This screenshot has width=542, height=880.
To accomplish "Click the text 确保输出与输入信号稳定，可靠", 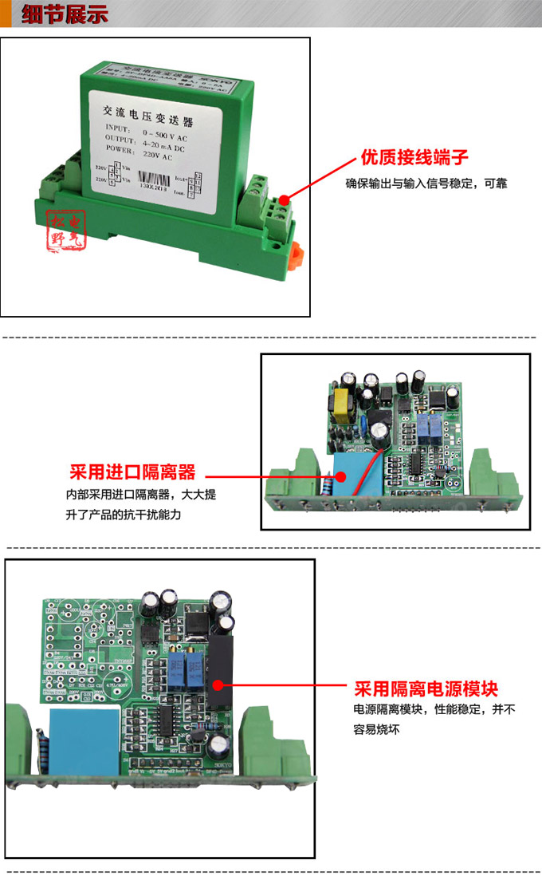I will coord(426,183).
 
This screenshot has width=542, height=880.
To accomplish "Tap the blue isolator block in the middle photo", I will coord(351,477).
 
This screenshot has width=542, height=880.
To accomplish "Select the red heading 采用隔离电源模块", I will coord(431,688).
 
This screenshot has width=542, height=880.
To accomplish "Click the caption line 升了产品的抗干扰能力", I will coord(124,515).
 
